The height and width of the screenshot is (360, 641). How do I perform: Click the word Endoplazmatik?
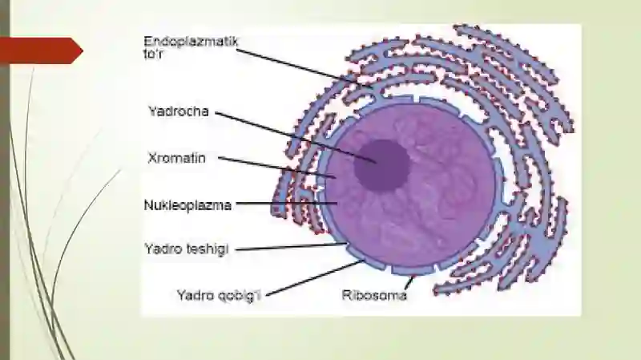click(191, 42)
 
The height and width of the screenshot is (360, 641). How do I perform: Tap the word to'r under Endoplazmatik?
click(153, 54)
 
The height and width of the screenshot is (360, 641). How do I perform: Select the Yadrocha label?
click(178, 111)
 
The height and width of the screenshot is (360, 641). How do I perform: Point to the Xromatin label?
click(176, 158)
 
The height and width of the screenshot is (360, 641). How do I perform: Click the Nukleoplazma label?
click(187, 205)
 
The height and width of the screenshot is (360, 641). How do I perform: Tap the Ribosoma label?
click(374, 295)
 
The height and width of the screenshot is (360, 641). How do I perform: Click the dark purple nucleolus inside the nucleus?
click(381, 166)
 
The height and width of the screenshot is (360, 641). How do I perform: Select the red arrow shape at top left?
click(41, 51)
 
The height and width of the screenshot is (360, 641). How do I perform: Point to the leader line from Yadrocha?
click(296, 137)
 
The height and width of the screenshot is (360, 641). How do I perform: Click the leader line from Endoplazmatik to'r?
click(304, 68)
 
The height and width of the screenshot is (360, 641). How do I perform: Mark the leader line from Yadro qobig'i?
click(315, 277)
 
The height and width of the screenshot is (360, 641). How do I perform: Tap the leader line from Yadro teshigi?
click(291, 247)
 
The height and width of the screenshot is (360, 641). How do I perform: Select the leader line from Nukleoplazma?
click(287, 203)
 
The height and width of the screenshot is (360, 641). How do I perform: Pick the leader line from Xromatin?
click(276, 168)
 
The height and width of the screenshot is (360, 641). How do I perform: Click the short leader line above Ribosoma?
click(409, 283)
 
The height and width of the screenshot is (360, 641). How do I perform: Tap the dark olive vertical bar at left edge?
click(5, 180)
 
